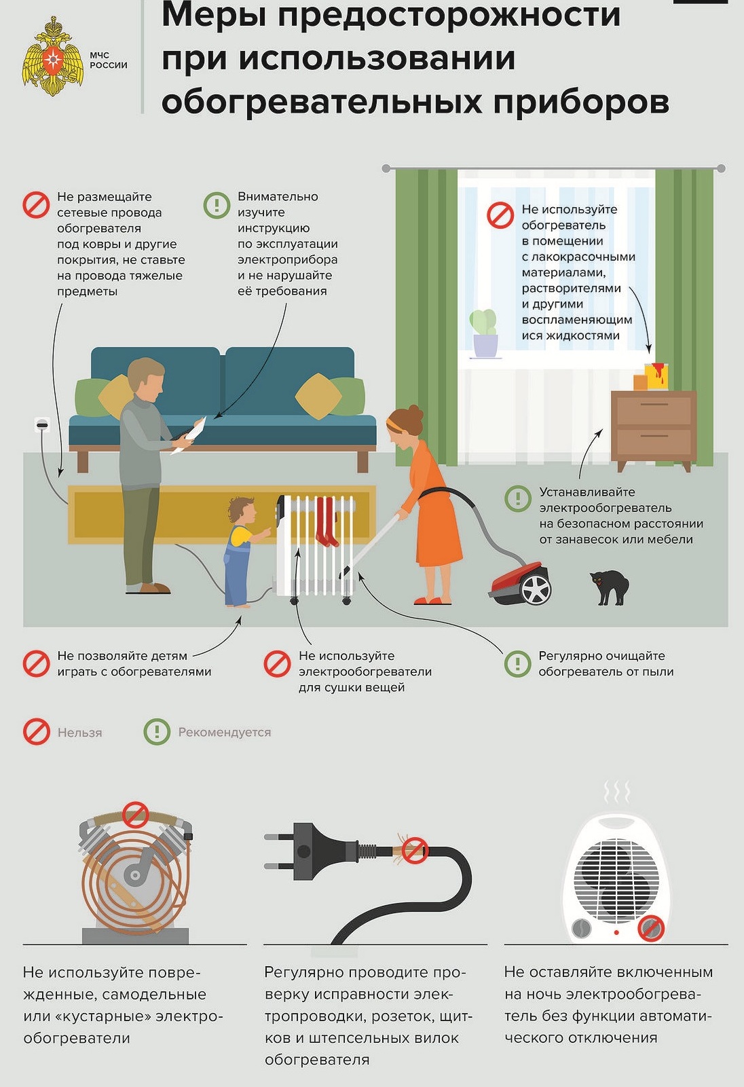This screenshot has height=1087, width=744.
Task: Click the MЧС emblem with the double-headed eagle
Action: tap(52, 57)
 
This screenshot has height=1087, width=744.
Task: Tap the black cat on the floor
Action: tap(610, 587)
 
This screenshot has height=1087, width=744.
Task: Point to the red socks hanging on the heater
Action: tap(326, 521)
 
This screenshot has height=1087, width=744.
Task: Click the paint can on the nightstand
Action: tap(656, 375)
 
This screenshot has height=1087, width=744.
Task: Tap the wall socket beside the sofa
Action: tap(42, 424)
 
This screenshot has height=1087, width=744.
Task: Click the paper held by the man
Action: tap(191, 435)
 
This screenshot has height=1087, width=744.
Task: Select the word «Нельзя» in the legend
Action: tap(80, 733)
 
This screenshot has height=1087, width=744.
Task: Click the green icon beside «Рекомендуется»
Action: tap(157, 732)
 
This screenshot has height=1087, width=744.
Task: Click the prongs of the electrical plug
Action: tap(280, 851)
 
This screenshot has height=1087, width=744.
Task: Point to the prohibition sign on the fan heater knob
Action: tap(651, 928)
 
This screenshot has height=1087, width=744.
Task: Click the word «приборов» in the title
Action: tap(581, 101)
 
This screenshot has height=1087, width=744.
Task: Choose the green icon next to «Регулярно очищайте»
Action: tap(518, 663)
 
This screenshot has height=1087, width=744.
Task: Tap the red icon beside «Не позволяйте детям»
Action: tap(37, 663)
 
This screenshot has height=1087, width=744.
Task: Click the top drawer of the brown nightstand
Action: tap(653, 409)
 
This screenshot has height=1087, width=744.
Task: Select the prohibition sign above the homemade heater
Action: tap(135, 815)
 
